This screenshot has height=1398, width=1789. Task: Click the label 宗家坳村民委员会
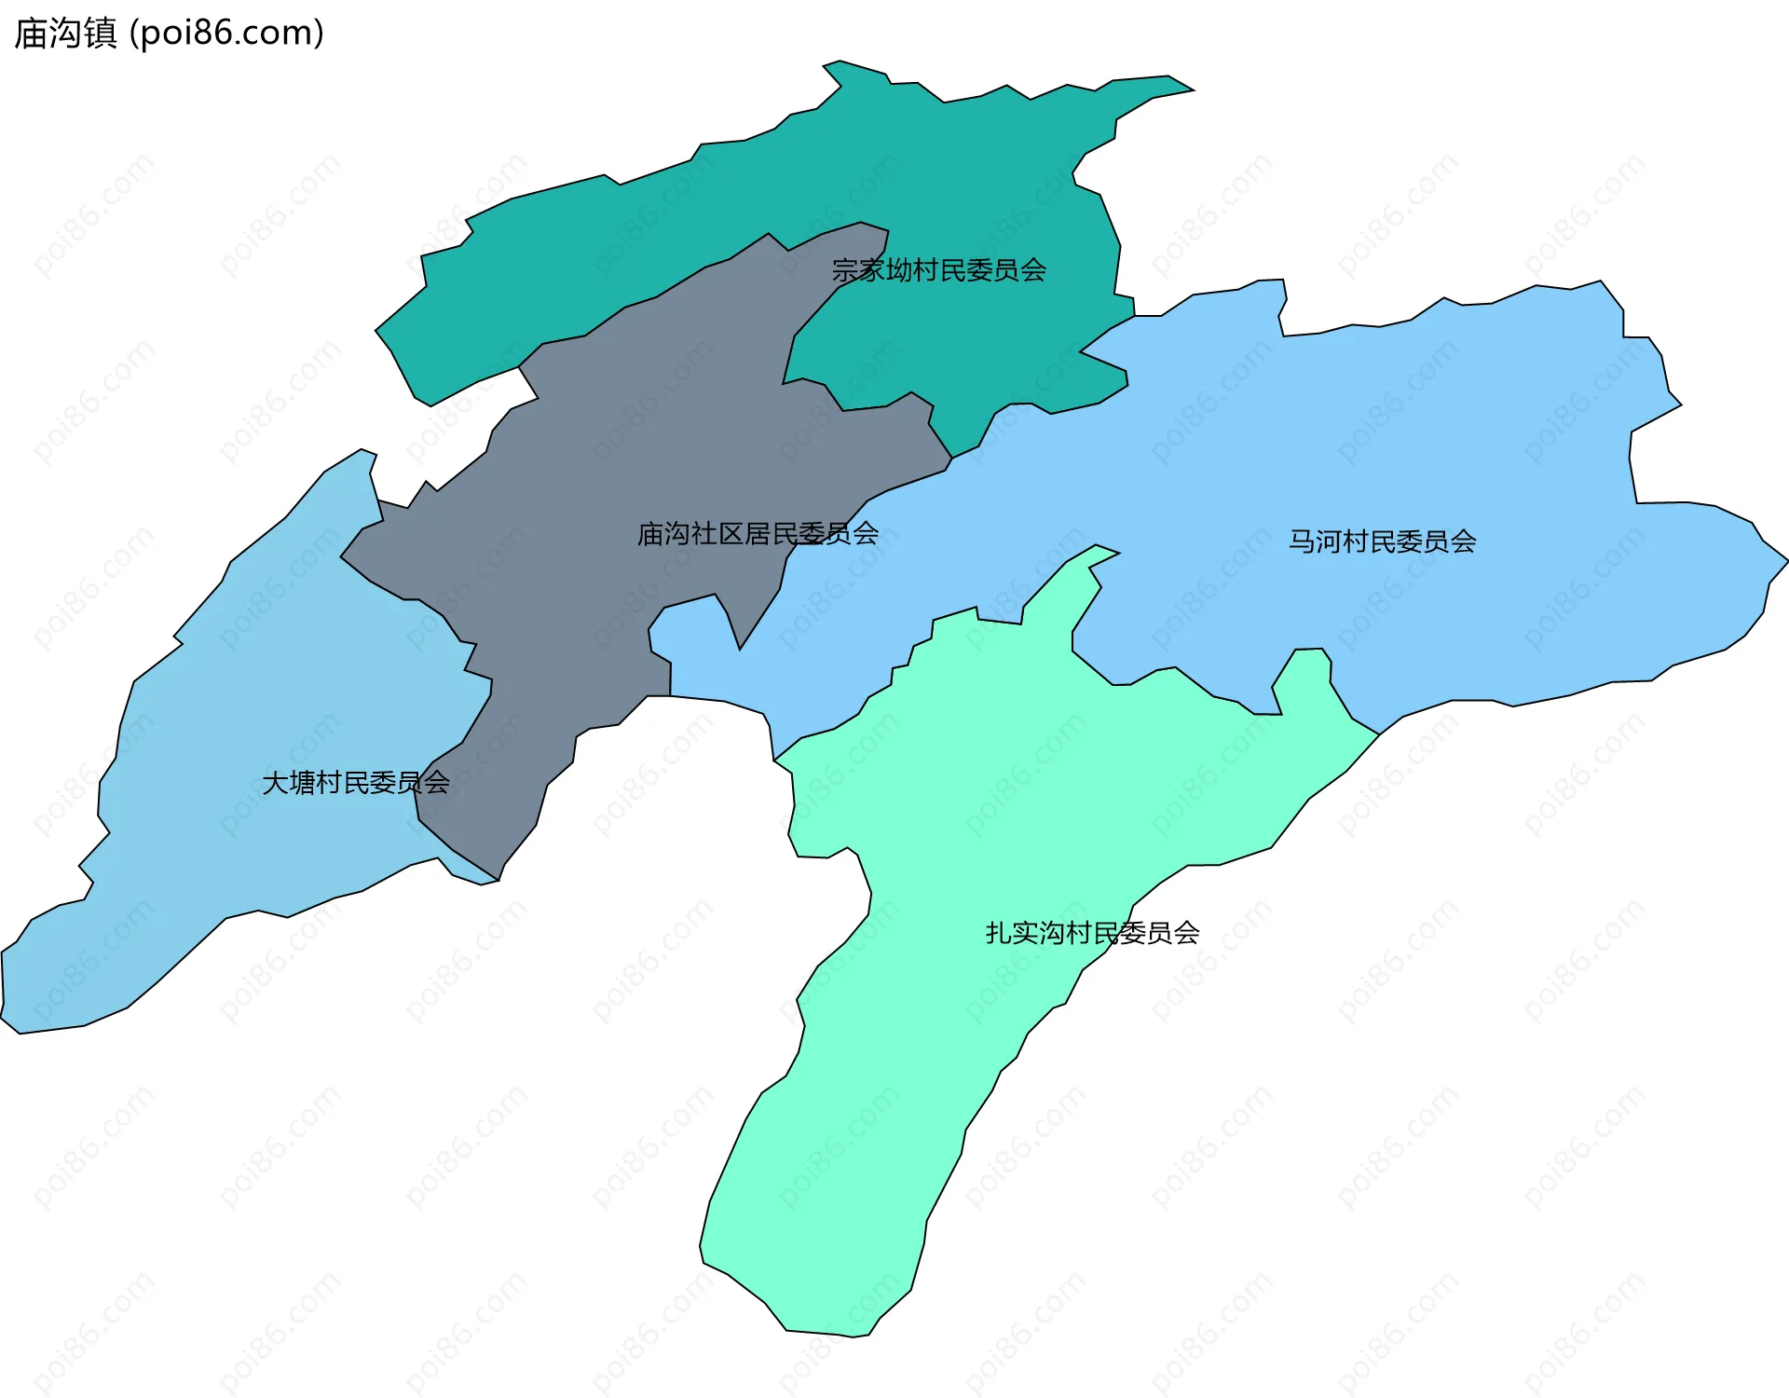[x=938, y=270]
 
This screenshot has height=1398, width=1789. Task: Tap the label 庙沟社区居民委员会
[x=758, y=534]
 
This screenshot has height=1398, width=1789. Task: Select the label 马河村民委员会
[x=1382, y=541]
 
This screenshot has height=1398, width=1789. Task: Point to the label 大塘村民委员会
[x=356, y=783]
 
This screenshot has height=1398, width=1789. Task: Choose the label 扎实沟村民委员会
[x=1092, y=933]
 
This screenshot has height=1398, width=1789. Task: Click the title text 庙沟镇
[x=65, y=34]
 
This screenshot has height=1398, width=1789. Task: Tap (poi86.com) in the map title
[x=227, y=34]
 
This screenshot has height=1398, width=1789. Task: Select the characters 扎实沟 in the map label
[x=1025, y=933]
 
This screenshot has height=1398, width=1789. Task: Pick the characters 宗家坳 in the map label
[x=872, y=270]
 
